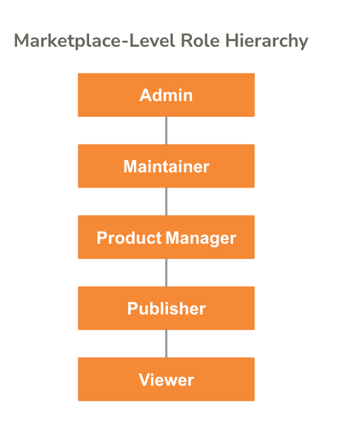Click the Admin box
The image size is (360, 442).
pyautogui.click(x=166, y=95)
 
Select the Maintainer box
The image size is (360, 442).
pyautogui.click(x=166, y=166)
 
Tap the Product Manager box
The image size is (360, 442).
pyautogui.click(x=166, y=237)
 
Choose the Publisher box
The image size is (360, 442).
pyautogui.click(x=166, y=308)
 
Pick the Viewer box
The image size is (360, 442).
pyautogui.click(x=166, y=379)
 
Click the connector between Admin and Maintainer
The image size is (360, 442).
pyautogui.click(x=166, y=131)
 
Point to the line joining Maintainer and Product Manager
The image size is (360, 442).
pyautogui.click(x=166, y=201)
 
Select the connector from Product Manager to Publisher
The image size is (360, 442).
pyautogui.click(x=166, y=273)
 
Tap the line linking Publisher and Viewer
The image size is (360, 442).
pyautogui.click(x=166, y=343)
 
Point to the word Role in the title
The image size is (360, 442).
pyautogui.click(x=200, y=40)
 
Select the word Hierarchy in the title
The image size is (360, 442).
pyautogui.click(x=267, y=41)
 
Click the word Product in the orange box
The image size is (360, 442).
pyautogui.click(x=129, y=237)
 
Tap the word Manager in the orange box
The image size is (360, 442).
pyautogui.click(x=201, y=239)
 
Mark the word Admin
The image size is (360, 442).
pyautogui.click(x=166, y=95)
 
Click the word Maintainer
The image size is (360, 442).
pyautogui.click(x=166, y=166)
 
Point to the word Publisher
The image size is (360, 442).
pyautogui.click(x=166, y=308)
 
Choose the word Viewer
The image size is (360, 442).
pyautogui.click(x=166, y=379)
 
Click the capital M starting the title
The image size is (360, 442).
pyautogui.click(x=22, y=40)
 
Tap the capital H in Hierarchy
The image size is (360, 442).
pyautogui.click(x=231, y=40)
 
